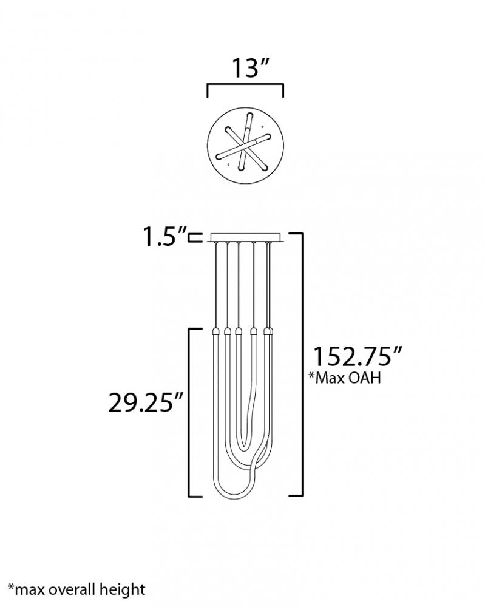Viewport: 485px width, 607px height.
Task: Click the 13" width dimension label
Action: (249, 68)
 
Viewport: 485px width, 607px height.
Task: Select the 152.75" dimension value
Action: (358, 356)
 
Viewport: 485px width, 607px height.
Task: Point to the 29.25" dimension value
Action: (145, 402)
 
